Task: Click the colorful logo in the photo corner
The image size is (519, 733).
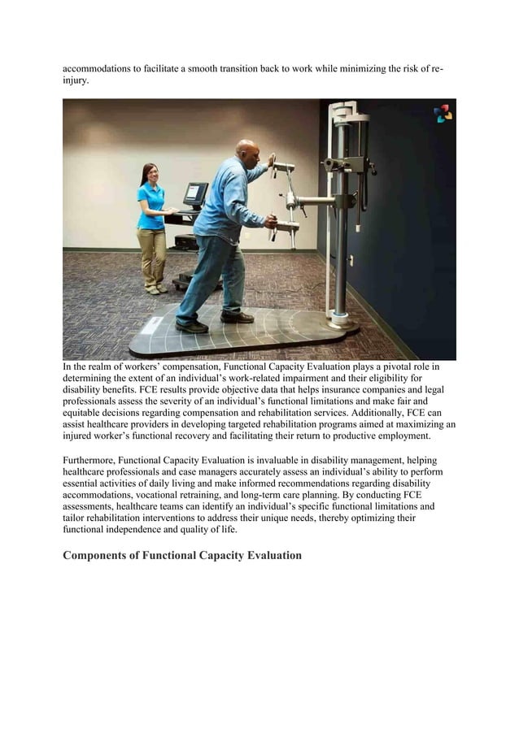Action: (443, 114)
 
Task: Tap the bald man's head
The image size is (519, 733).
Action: (246, 150)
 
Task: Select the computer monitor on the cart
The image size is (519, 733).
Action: (195, 193)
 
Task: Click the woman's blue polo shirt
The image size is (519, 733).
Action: (150, 206)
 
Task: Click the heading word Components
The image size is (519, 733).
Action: (100, 556)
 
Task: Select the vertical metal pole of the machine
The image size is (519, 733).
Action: (342, 244)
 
